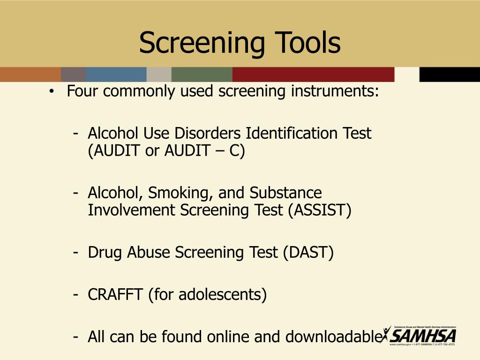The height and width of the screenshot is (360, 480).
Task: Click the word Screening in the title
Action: click(196, 43)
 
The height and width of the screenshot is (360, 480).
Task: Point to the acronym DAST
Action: click(307, 253)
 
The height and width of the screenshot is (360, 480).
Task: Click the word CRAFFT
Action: click(116, 295)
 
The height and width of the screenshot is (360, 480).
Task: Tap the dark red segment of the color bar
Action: click(313, 75)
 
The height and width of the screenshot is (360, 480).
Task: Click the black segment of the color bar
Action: click(449, 75)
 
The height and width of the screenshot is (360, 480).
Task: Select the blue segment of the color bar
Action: click(116, 75)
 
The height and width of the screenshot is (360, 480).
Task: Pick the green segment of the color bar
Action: click(202, 75)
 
